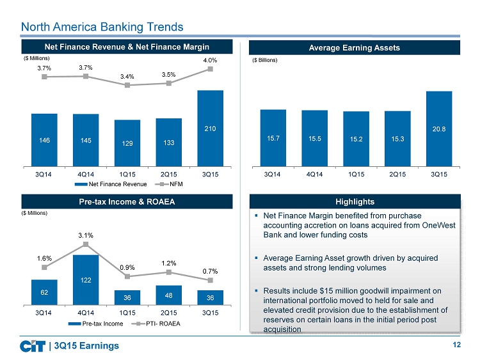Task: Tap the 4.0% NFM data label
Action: pos(211,60)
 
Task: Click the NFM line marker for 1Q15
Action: pos(127,85)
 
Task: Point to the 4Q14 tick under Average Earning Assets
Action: pos(314,173)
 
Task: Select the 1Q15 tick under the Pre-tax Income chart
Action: pos(127,312)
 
